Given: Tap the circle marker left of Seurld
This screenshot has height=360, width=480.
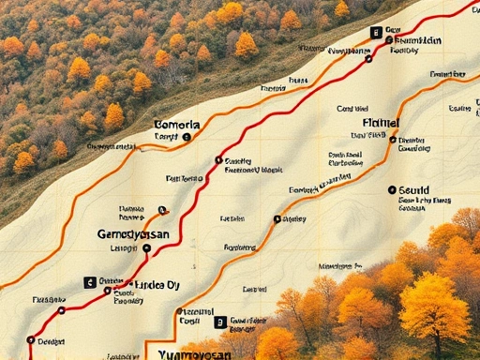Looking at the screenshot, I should coord(390,190).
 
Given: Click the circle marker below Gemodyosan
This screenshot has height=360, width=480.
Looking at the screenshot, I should coord(146,248).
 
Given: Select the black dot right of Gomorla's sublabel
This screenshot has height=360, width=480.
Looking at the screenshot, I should coord(187,137).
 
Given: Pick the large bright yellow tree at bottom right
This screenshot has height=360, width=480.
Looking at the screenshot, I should coord(433,308).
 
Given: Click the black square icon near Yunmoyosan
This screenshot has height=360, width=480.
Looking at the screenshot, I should coord(220,322).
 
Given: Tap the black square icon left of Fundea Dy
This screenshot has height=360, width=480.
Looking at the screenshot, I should coord(90,281).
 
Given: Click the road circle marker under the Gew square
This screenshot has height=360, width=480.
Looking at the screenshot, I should coord(368,58).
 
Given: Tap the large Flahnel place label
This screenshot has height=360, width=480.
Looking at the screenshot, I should coord(380,123).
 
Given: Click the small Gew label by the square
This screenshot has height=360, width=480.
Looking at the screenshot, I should coord(392,30).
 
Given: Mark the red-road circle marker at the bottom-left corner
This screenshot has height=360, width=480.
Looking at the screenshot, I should coord(31,340).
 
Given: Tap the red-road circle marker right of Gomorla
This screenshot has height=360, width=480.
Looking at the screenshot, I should coord(218,160).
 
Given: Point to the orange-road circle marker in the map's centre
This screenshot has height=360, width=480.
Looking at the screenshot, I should coord(277,219).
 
